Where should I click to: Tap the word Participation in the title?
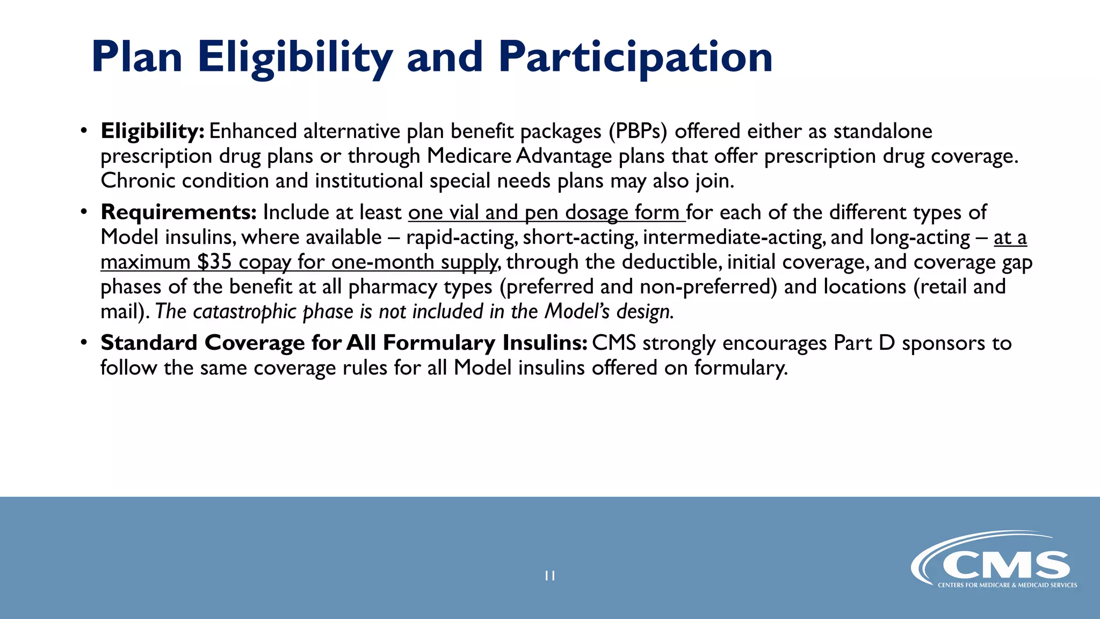tap(635, 58)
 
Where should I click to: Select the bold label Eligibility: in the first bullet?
tap(152, 131)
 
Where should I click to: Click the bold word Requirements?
tap(178, 212)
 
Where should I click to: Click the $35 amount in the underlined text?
tap(214, 262)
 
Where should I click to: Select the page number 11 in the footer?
tap(549, 575)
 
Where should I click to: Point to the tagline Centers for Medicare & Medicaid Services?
tap(1007, 585)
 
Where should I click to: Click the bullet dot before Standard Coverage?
tap(83, 342)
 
